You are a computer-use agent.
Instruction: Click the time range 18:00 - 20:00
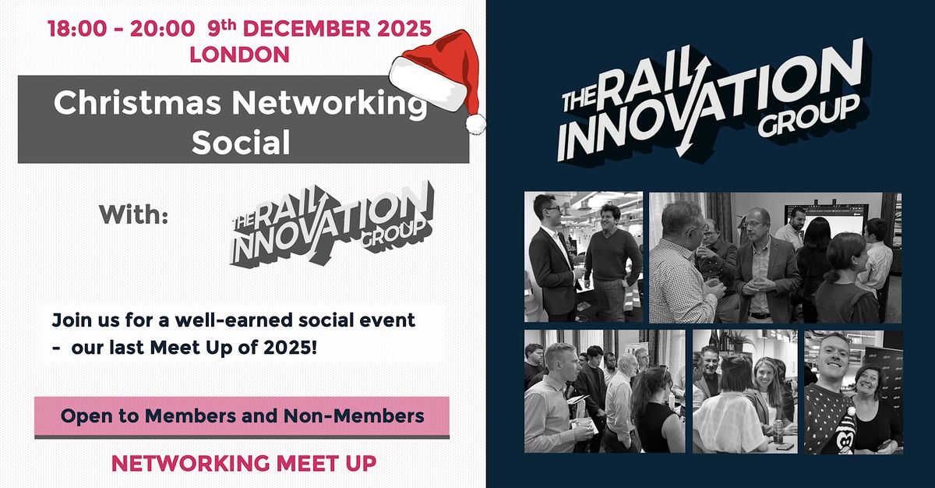[122, 30]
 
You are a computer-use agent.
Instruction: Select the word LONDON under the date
[240, 55]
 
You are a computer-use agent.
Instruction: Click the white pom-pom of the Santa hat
[475, 122]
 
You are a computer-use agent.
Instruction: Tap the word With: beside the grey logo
[134, 215]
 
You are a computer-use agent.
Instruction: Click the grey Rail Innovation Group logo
[331, 223]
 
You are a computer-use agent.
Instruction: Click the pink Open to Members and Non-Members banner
[242, 416]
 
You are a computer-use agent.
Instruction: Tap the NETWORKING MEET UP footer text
[244, 463]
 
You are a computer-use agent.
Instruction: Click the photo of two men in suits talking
[584, 256]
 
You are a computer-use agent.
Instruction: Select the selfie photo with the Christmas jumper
[853, 391]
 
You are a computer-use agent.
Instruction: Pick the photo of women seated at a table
[744, 391]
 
